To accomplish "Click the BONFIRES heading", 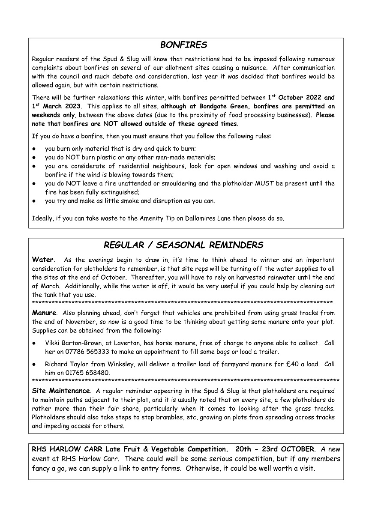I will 183,45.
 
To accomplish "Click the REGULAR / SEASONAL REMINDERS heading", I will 183,245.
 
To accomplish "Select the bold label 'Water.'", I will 44,260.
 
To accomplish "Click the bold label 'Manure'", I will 44,313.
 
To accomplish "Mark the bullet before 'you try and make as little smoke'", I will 34,201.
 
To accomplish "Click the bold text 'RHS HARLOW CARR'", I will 68,449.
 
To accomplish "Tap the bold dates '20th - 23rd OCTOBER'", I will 275,449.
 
